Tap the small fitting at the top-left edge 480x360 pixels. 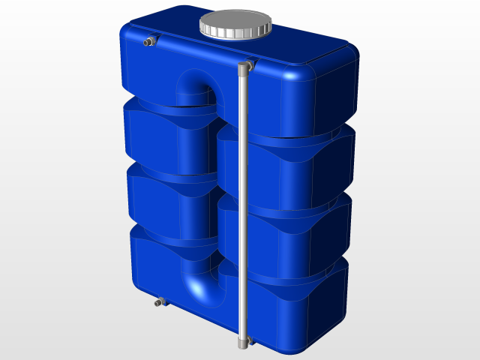click(x=149, y=41)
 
